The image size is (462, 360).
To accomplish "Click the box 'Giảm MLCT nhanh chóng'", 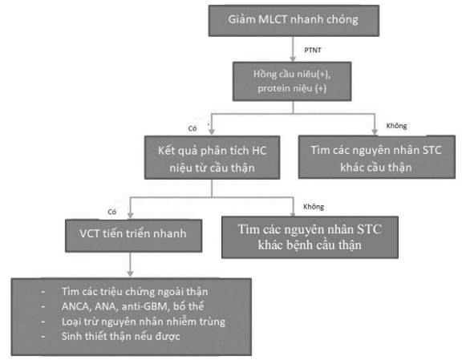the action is click(294, 21).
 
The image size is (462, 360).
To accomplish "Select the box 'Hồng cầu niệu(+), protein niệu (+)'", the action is click(292, 81).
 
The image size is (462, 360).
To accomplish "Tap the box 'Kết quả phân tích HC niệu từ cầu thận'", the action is click(212, 157).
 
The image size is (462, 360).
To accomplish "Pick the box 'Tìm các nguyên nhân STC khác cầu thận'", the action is click(376, 156).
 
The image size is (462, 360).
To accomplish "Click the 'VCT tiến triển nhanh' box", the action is click(133, 236).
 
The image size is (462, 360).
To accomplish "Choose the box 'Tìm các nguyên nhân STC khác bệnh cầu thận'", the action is click(310, 237).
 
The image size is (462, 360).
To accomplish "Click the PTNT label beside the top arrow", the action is click(313, 50).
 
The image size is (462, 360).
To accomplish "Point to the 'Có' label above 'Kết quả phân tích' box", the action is click(192, 128).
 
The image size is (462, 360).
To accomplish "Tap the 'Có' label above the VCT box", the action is click(112, 212).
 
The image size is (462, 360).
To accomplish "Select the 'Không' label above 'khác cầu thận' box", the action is click(396, 126).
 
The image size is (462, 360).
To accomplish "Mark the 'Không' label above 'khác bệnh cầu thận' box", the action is click(314, 207).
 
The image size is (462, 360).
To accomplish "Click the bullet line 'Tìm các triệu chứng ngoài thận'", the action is click(135, 292).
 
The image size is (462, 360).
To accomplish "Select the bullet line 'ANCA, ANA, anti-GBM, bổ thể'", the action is click(132, 306).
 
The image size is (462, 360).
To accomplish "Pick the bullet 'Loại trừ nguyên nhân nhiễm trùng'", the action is click(144, 322).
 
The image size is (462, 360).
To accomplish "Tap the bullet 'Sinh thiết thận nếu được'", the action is click(121, 337).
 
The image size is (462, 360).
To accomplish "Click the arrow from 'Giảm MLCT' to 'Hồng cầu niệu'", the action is click(293, 49).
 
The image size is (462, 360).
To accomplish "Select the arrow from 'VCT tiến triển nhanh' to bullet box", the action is click(130, 265).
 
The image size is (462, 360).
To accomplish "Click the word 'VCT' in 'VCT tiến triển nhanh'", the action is click(90, 233).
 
